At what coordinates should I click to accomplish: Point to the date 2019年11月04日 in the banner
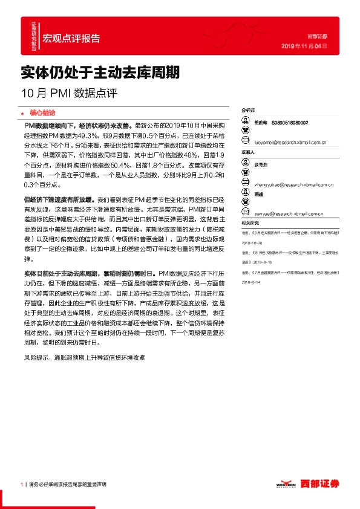tap(305, 46)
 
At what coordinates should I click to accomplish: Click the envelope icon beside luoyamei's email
tap(246, 143)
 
